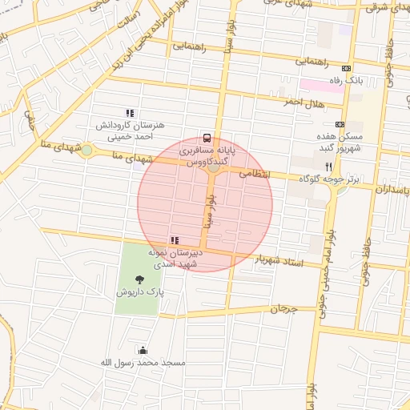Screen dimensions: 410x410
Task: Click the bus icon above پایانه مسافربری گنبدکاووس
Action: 207,137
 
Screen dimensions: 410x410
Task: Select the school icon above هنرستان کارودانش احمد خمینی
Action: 130,113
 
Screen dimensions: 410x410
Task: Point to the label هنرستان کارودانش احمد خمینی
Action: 130,131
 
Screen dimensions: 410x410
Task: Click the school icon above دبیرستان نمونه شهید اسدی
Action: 174,240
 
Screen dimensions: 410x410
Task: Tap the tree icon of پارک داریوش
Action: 140,279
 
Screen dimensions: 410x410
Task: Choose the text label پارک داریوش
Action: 140,293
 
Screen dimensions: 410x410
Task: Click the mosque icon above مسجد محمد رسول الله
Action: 143,350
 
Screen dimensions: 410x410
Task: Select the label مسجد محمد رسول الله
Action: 143,363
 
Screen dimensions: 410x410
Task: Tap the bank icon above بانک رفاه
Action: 346,69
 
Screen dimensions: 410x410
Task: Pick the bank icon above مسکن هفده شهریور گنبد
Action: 340,124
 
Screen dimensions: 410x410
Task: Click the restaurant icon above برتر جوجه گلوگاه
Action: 328,166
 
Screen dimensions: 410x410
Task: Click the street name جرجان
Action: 283,308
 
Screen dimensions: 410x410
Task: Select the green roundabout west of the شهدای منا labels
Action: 86,150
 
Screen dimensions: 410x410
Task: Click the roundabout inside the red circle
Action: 212,167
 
